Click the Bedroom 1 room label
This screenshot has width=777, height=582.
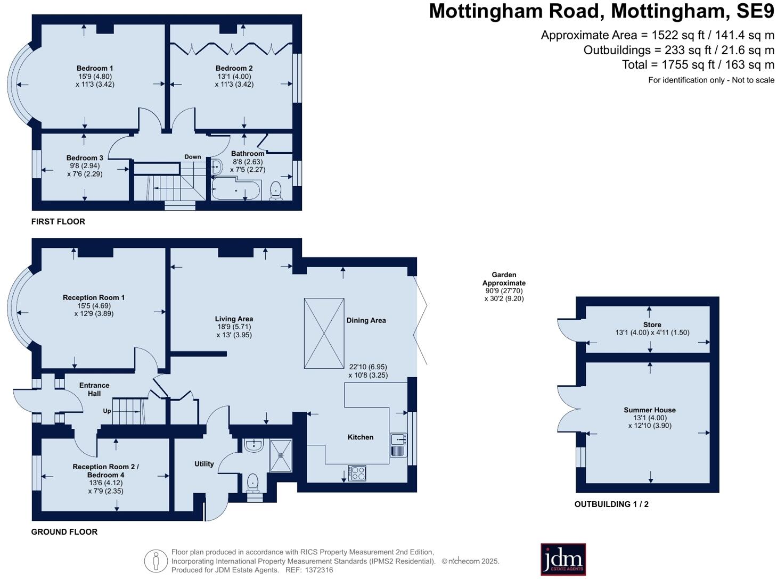[95, 68]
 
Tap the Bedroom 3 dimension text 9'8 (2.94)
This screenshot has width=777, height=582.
[85, 166]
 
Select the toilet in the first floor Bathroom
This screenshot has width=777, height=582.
[276, 190]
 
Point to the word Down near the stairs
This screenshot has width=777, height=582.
[193, 156]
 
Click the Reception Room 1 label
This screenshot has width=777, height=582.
[94, 297]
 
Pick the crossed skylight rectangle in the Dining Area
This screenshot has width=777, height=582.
[324, 333]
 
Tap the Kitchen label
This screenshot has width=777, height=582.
[361, 437]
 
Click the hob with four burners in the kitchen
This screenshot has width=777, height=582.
[357, 473]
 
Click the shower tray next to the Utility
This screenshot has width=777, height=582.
[281, 455]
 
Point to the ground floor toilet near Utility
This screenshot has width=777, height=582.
[252, 483]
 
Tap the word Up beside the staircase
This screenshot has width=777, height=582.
[107, 411]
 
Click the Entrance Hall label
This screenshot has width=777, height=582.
[94, 389]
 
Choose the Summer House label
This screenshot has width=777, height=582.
[650, 410]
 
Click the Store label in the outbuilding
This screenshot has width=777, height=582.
[652, 325]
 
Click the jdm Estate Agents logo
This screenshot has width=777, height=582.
[563, 559]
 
